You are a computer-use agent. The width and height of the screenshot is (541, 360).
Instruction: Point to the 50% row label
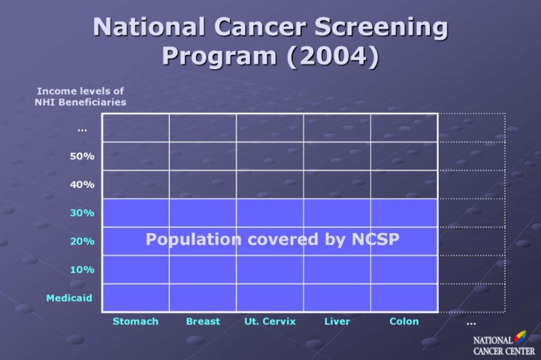pyautogui.click(x=82, y=156)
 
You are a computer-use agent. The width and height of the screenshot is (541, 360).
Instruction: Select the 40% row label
pyautogui.click(x=82, y=185)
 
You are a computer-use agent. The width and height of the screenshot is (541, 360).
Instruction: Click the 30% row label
pyautogui.click(x=82, y=213)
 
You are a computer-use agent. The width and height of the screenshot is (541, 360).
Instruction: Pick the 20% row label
pyautogui.click(x=82, y=242)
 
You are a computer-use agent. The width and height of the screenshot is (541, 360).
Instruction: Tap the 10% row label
pyautogui.click(x=82, y=270)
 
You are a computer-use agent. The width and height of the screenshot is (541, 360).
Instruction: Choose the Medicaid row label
pyautogui.click(x=69, y=298)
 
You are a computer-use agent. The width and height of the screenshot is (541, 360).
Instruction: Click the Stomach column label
pyautogui.click(x=135, y=322)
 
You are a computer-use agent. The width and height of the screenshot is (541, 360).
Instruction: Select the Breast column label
pyautogui.click(x=203, y=322)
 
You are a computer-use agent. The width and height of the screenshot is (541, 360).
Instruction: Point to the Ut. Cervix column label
pyautogui.click(x=270, y=322)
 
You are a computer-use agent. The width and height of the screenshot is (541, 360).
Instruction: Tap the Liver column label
pyautogui.click(x=337, y=322)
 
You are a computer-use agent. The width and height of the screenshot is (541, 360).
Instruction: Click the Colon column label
pyautogui.click(x=404, y=322)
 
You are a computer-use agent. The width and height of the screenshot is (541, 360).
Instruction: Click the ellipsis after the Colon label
pyautogui.click(x=471, y=323)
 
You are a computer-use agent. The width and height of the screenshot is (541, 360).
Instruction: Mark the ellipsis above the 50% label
pyautogui.click(x=82, y=130)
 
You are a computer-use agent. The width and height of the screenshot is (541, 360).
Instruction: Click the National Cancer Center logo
pyautogui.click(x=500, y=345)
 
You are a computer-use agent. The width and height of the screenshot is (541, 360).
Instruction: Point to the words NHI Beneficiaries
pyautogui.click(x=80, y=102)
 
